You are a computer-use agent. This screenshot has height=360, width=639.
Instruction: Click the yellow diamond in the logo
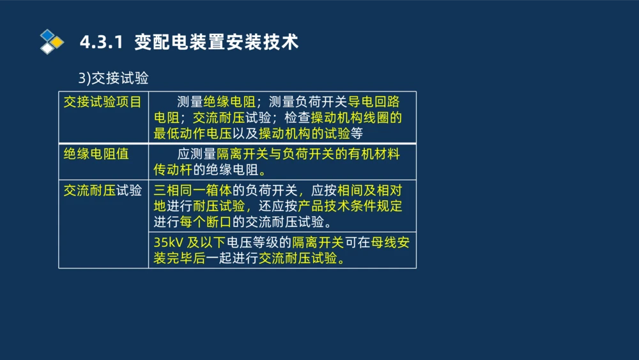pos(57,42)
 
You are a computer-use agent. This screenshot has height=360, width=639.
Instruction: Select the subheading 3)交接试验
pos(113,78)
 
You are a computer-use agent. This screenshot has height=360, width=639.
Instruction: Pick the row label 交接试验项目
pos(102,102)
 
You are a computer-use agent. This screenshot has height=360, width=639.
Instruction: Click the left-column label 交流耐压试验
pos(102,190)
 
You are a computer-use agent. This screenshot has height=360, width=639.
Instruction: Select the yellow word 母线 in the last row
pos(383,243)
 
